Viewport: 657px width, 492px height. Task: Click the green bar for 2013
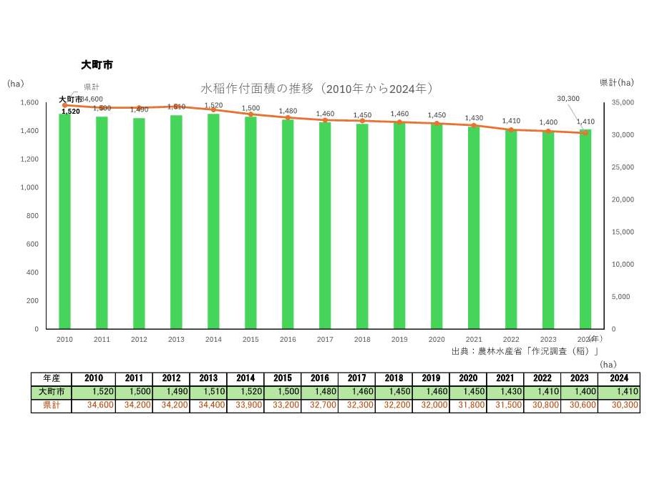[x=176, y=222]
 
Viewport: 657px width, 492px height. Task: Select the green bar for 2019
[x=399, y=225]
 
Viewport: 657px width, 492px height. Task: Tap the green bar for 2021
[x=473, y=227]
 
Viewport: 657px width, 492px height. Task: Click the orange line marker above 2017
[x=325, y=120]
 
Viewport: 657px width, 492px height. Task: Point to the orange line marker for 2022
[x=510, y=130]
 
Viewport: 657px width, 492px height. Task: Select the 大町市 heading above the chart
[x=97, y=64]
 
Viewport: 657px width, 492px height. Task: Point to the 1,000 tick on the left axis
[x=30, y=187]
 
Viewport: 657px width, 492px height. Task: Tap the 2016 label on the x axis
[x=288, y=340]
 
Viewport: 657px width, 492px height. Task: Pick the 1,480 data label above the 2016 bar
[x=288, y=111]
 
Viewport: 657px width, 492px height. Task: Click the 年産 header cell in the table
[x=51, y=378]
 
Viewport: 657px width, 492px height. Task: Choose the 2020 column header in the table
[x=467, y=378]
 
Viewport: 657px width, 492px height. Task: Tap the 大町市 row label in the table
[x=51, y=392]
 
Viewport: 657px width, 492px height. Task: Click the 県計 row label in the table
[x=51, y=405]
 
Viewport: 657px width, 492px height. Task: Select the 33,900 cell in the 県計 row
[x=245, y=405]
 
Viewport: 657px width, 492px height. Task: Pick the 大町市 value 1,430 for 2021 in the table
[x=505, y=392]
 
